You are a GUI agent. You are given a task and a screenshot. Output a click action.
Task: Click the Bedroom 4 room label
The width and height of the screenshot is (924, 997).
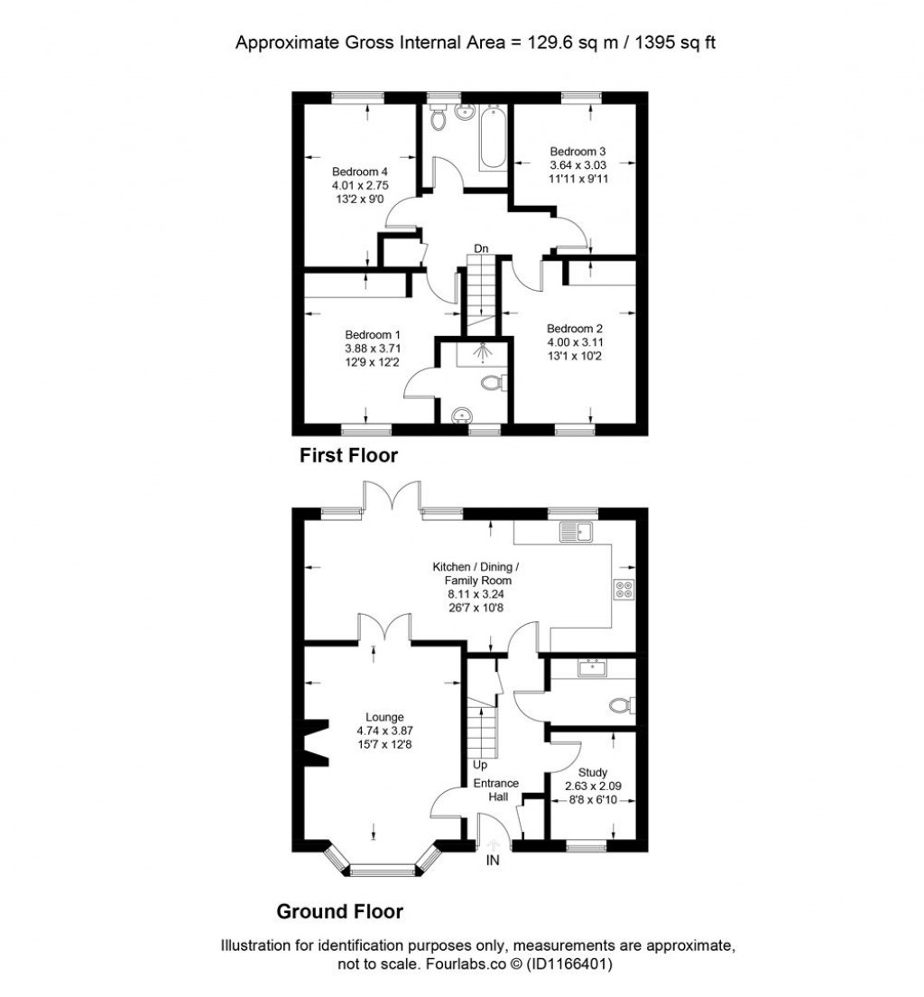(x=359, y=172)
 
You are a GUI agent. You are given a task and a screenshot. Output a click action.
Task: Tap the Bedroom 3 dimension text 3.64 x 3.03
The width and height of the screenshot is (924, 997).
(x=577, y=165)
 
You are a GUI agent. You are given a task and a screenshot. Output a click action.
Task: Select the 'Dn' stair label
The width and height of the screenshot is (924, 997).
(x=484, y=248)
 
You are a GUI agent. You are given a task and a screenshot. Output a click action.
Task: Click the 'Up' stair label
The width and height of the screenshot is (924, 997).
(x=480, y=765)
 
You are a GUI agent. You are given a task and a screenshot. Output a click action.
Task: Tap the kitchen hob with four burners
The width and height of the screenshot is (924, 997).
(x=622, y=589)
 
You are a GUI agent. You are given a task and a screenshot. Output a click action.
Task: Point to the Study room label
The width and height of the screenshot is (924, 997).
(x=592, y=772)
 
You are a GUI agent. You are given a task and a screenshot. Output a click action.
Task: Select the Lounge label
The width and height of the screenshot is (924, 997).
(x=373, y=717)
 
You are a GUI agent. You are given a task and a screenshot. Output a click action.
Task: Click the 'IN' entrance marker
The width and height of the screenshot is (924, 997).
(x=493, y=861)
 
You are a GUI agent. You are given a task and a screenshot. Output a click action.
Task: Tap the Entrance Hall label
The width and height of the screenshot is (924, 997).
(x=496, y=790)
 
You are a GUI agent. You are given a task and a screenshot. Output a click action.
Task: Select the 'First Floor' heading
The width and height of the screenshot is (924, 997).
(x=348, y=456)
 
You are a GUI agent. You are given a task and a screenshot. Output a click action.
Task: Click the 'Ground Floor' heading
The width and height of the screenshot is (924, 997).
(x=339, y=911)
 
